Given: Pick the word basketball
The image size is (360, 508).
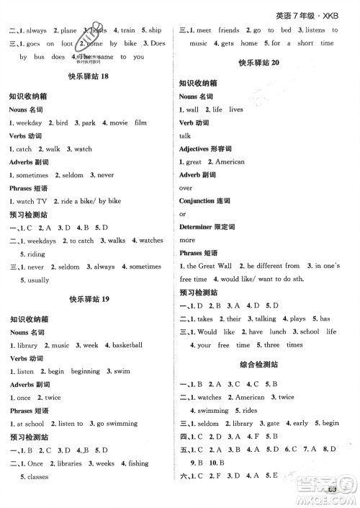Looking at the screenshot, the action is pos(127,345).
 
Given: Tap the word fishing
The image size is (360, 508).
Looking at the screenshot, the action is pos(139,463).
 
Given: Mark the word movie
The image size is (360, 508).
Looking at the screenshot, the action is pos(117,123).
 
